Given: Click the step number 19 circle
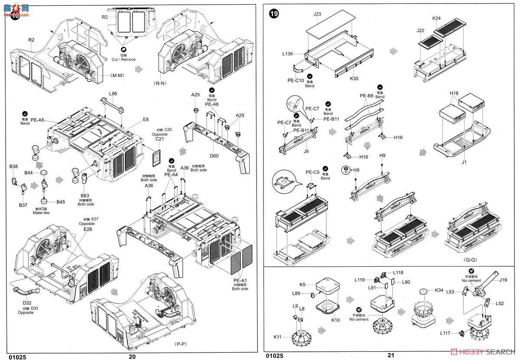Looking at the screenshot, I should pyautogui.click(x=274, y=13).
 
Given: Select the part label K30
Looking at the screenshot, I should pyautogui.click(x=354, y=79).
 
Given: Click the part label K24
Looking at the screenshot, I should pyautogui.click(x=436, y=18).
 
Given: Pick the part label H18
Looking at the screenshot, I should pyautogui.click(x=454, y=93).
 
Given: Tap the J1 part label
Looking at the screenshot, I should pyautogui.click(x=464, y=162).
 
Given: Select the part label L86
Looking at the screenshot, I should pyautogui.click(x=113, y=93).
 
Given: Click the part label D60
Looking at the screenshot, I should pyautogui.click(x=214, y=155).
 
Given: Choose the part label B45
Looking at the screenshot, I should pyautogui.click(x=61, y=202).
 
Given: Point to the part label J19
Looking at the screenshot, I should pyautogui.click(x=503, y=280).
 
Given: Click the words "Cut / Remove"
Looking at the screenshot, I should pyautogui.click(x=123, y=59).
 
